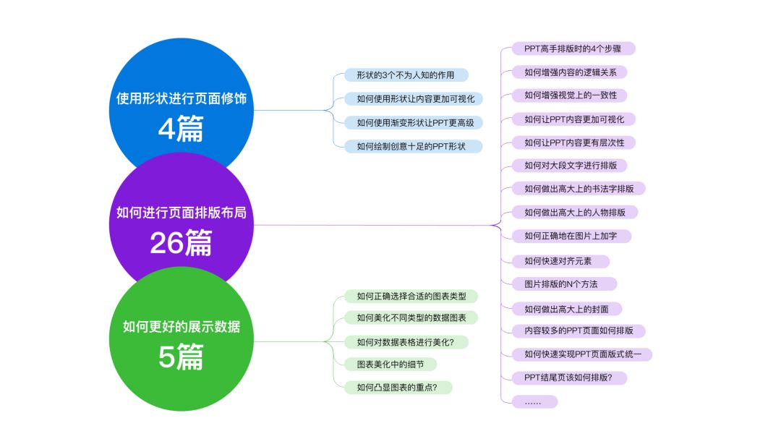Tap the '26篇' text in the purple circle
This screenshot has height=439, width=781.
pyautogui.click(x=181, y=244)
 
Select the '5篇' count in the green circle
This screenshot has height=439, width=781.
pyautogui.click(x=181, y=357)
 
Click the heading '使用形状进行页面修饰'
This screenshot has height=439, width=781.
pyautogui.click(x=181, y=98)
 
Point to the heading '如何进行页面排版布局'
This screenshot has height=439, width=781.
pyautogui.click(x=186, y=213)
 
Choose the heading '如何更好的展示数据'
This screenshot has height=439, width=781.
pyautogui.click(x=181, y=327)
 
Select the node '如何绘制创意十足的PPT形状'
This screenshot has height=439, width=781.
pyautogui.click(x=411, y=146)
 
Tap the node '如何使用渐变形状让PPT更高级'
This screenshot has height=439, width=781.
pyautogui.click(x=411, y=122)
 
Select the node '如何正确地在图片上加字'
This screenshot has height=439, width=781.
pyautogui.click(x=567, y=236)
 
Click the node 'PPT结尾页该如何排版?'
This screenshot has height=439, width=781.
pyautogui.click(x=569, y=378)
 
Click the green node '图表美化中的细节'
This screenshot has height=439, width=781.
pyautogui.click(x=390, y=364)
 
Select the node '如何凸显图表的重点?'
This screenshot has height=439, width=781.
pyautogui.click(x=398, y=387)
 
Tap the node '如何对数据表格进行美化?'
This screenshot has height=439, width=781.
pyautogui.click(x=410, y=341)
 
